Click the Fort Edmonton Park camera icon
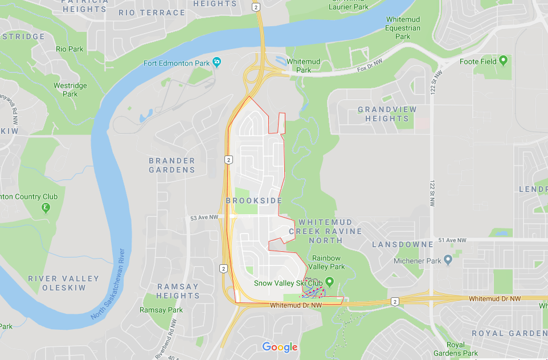[x=216, y=62]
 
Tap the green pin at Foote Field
[x=503, y=60]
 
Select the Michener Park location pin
[x=448, y=260]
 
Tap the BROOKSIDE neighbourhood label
[x=254, y=201]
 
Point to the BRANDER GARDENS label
[x=172, y=165]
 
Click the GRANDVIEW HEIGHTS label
[x=387, y=114]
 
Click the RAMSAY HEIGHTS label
[x=178, y=291]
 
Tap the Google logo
[x=280, y=347]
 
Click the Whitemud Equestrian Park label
[x=403, y=28]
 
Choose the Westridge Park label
[x=70, y=90]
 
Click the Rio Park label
[x=69, y=49]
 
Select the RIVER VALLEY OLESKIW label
[x=64, y=283]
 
